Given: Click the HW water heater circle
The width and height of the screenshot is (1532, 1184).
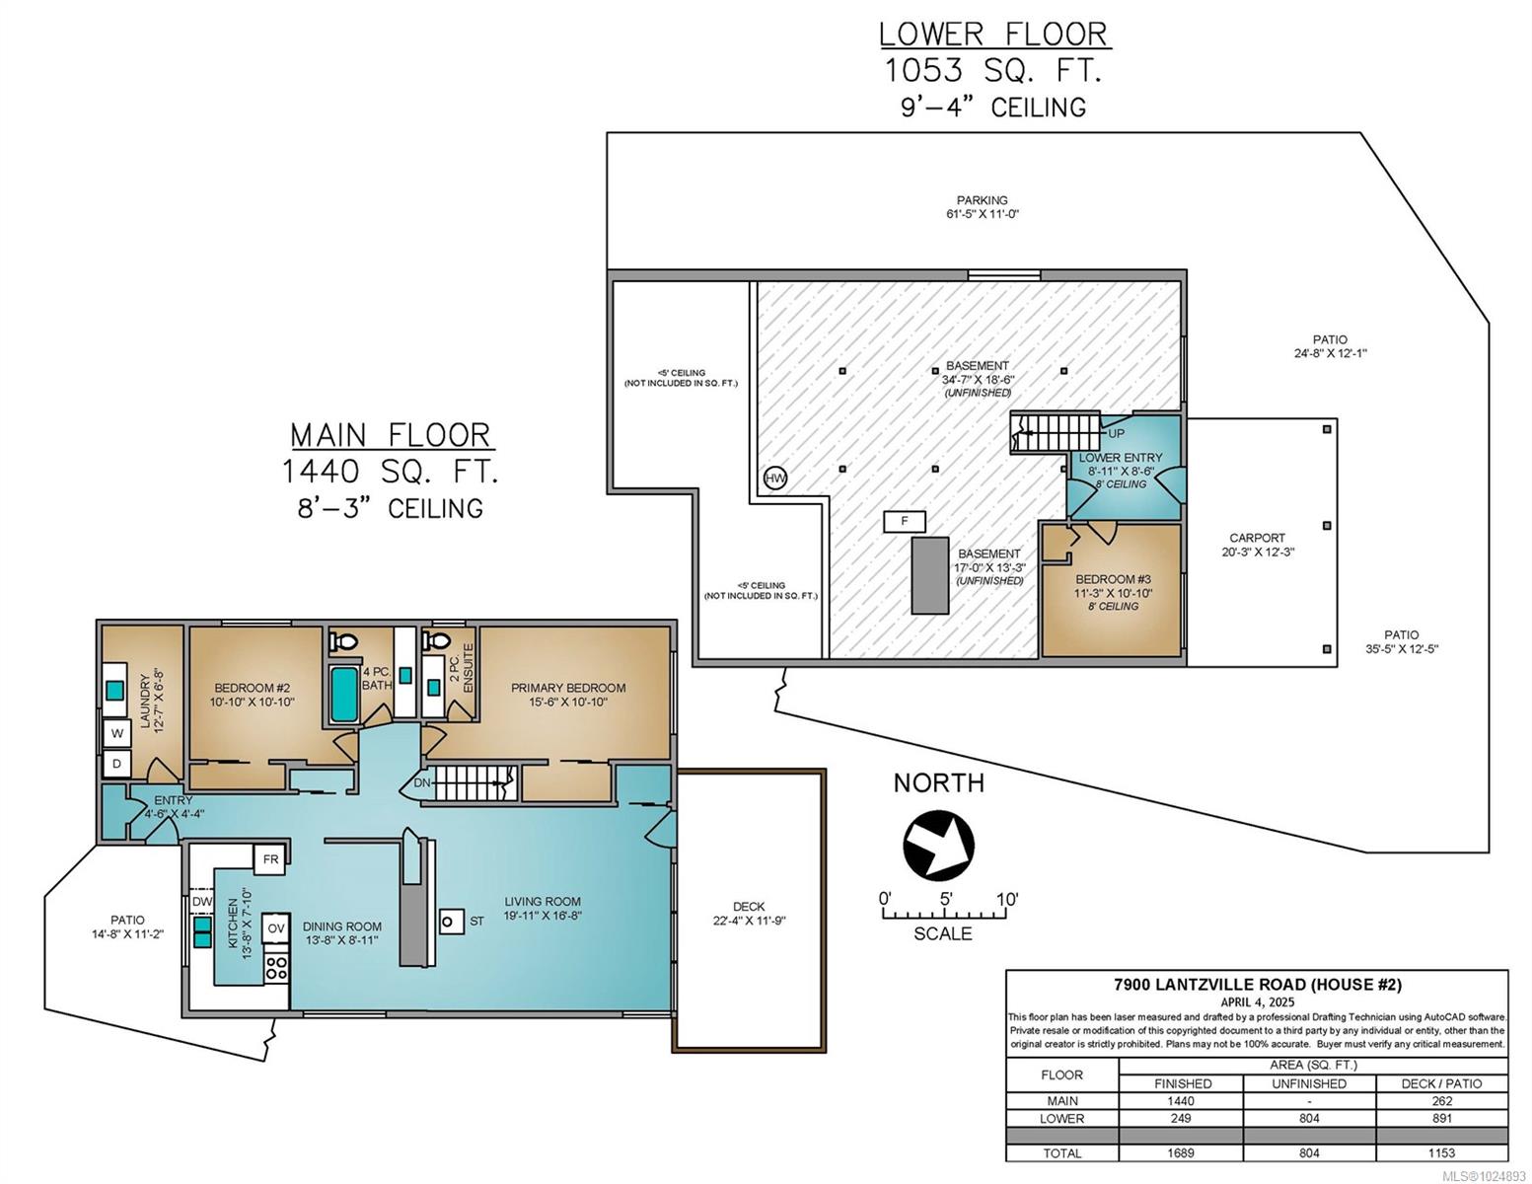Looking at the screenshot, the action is tap(774, 479).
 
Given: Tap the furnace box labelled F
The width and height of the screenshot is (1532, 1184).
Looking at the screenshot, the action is tap(904, 521).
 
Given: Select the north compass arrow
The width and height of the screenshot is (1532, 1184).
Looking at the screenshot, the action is tap(938, 846).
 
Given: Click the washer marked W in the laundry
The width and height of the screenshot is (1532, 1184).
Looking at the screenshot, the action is tap(117, 733).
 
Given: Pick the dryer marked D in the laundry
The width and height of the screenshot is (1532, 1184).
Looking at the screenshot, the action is tap(117, 764).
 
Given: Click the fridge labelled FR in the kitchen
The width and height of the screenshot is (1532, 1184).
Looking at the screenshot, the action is tap(270, 859).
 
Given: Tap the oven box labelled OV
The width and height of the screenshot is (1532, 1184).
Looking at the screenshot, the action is tap(275, 928).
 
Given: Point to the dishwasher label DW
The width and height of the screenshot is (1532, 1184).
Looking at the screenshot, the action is tap(202, 901).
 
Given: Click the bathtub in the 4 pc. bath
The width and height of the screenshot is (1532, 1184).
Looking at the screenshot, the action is tap(344, 694).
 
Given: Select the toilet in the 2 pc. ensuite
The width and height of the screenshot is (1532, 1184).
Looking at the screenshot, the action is tap(437, 639).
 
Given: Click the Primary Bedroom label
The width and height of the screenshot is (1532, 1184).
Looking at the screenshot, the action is tap(568, 688).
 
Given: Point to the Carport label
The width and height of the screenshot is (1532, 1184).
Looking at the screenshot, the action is tap(1257, 538).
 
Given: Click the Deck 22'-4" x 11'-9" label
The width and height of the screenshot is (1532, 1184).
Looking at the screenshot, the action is tap(749, 914).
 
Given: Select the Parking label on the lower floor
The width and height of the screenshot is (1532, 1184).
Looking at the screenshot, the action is tap(983, 200).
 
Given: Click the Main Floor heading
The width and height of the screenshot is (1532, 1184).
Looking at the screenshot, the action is tap(392, 435).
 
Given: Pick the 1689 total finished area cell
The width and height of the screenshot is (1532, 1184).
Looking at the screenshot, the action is tap(1180, 1153).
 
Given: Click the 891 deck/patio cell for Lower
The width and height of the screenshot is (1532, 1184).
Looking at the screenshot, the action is tap(1442, 1119).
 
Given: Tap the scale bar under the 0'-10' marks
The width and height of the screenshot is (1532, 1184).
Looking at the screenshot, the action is tap(944, 915).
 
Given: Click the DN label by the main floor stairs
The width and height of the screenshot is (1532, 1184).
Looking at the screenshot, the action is tap(421, 782).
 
